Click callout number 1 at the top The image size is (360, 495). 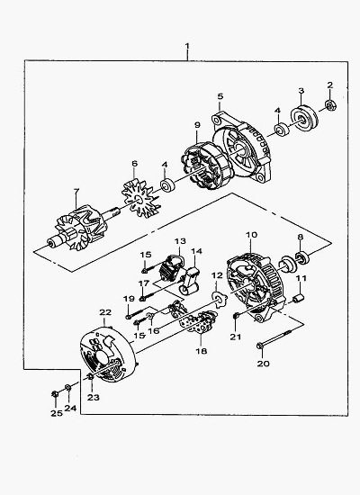point(187,46)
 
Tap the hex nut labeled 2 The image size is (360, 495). point(330,104)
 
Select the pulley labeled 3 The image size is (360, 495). point(304,118)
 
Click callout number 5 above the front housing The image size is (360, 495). point(220,96)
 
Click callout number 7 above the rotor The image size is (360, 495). point(76,192)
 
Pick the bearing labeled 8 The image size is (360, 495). point(302,257)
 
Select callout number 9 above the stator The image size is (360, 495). point(197,125)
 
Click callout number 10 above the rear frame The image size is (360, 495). point(251,235)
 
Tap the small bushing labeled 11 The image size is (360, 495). point(299,298)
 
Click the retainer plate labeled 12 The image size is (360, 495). point(220,299)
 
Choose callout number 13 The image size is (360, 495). point(180,241)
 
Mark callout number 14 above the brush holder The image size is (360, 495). point(196,251)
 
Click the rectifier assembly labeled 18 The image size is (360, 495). point(198,320)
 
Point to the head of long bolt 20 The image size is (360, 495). point(259,346)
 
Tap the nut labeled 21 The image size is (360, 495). point(236,315)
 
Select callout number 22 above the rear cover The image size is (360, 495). point(105,312)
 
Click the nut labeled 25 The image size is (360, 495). point(55,393)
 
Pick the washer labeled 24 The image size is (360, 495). point(67,387)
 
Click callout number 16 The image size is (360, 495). point(154,331)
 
